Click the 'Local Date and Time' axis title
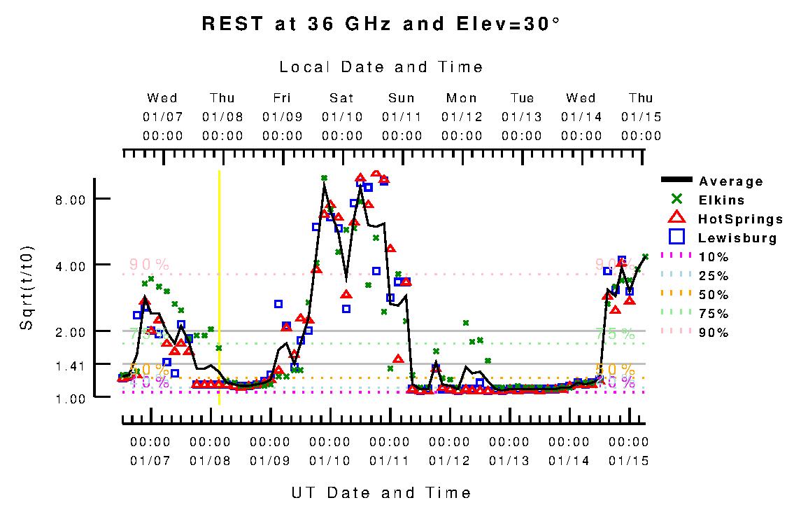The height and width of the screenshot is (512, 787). (381, 67)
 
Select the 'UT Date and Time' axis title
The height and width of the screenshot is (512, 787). (381, 492)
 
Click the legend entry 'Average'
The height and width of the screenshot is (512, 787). (731, 181)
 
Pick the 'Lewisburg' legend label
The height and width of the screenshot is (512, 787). (737, 238)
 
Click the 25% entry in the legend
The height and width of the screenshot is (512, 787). (714, 276)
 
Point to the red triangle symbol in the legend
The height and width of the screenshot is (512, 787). (676, 219)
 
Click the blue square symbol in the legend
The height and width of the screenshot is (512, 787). (676, 237)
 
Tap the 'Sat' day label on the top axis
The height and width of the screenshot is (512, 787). (342, 98)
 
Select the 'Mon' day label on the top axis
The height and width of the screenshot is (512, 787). (462, 98)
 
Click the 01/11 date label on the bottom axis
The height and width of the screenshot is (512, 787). (390, 461)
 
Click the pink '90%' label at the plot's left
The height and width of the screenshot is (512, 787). (149, 265)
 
